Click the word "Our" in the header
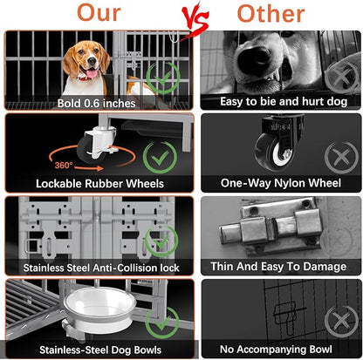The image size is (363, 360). click(x=97, y=15)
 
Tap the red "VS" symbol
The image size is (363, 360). click(x=181, y=16)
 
